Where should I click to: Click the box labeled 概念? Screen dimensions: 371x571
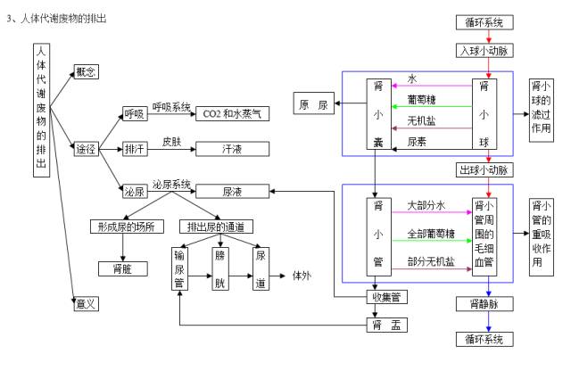[87, 70]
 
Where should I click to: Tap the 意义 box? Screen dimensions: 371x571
[86, 304]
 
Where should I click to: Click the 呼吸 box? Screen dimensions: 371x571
[135, 113]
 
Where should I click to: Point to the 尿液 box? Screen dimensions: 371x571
[233, 191]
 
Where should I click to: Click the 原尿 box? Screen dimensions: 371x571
[313, 106]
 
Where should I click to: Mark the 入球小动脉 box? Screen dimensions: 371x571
[484, 50]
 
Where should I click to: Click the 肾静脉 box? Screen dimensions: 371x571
[487, 303]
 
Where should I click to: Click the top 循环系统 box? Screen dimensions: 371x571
[484, 21]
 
